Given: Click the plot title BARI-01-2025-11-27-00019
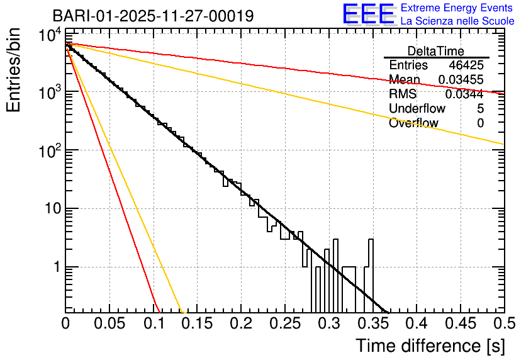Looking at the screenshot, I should [153, 16].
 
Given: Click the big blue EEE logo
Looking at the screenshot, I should [368, 14].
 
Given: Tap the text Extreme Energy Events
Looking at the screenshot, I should [457, 8].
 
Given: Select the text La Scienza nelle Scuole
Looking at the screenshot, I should [457, 21].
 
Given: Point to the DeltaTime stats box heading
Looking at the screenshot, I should [436, 51].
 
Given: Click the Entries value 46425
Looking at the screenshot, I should [466, 65].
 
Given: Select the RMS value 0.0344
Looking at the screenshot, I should [464, 94].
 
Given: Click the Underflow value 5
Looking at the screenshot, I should [480, 108].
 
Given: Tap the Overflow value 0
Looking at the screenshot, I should [480, 123].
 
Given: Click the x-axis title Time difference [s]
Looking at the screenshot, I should [429, 346].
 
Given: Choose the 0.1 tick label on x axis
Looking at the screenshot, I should [154, 324].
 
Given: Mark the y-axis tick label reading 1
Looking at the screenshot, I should [55, 267].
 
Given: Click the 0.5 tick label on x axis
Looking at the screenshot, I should [503, 324].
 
